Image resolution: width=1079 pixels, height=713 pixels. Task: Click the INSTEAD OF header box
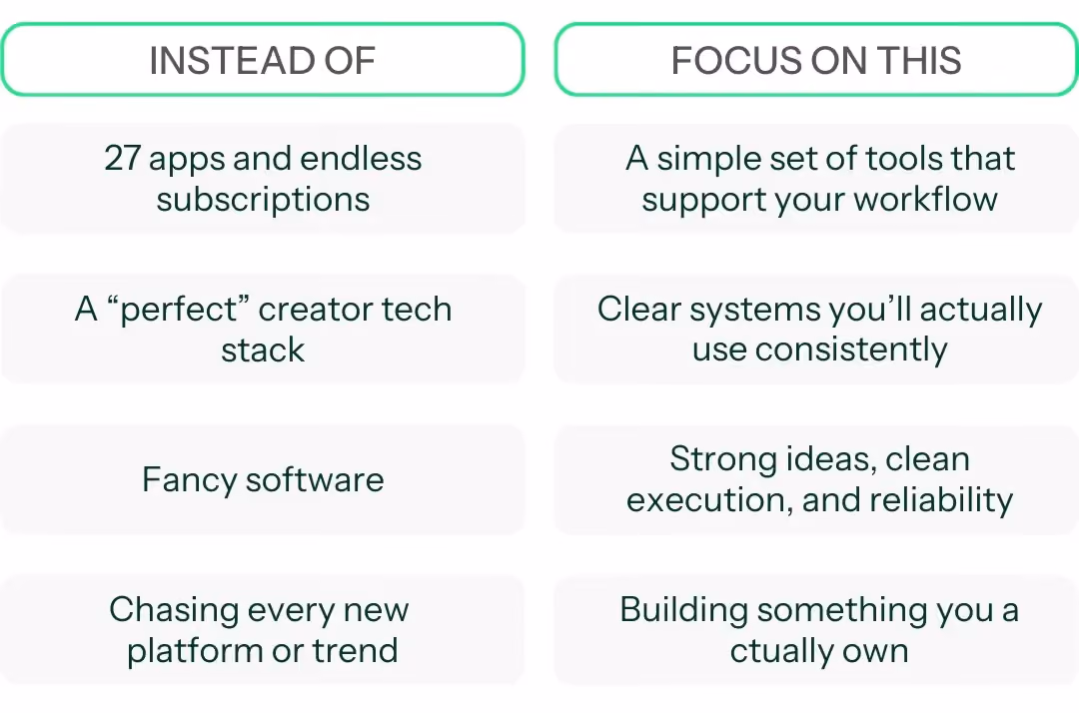pyautogui.click(x=262, y=60)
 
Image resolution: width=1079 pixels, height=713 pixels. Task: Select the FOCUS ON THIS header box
pyautogui.click(x=817, y=60)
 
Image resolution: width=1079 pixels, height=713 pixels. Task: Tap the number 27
pyautogui.click(x=123, y=158)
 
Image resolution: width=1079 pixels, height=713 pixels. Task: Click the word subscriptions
pyautogui.click(x=263, y=200)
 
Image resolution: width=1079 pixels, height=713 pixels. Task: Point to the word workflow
pyautogui.click(x=925, y=199)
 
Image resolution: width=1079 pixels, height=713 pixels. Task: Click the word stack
pyautogui.click(x=263, y=350)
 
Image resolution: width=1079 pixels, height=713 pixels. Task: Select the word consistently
pyautogui.click(x=851, y=350)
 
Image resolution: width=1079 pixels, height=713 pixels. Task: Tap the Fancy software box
pyautogui.click(x=262, y=479)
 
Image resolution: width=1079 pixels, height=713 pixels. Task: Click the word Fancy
pyautogui.click(x=189, y=480)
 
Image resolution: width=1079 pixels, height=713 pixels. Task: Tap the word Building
pyautogui.click(x=684, y=610)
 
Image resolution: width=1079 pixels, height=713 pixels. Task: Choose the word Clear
pyautogui.click(x=639, y=309)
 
